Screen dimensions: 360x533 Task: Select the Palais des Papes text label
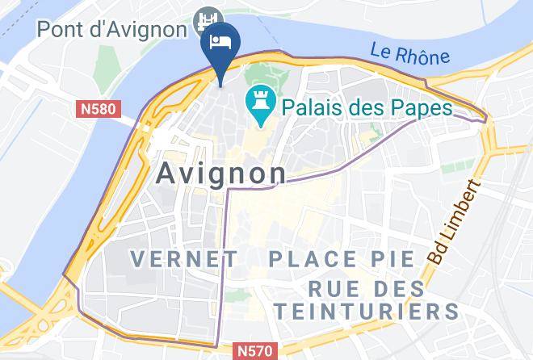[366, 107]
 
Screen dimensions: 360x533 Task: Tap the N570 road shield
[257, 351]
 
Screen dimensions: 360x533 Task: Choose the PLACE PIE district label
[342, 259]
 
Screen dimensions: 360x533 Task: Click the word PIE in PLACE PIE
[393, 259]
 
